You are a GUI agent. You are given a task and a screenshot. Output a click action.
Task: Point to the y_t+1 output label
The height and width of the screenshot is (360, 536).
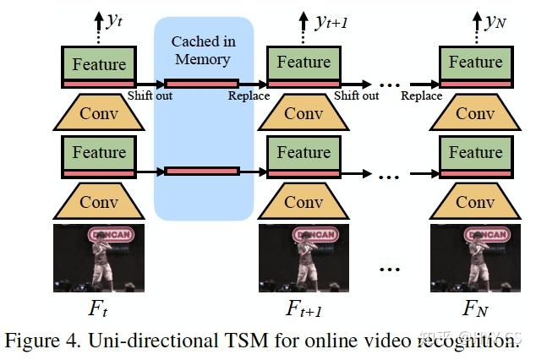tap(329, 21)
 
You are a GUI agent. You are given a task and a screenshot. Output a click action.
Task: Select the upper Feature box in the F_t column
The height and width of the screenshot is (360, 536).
tap(99, 65)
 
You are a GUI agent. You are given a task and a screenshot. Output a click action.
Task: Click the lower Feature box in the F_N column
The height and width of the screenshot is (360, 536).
tap(475, 153)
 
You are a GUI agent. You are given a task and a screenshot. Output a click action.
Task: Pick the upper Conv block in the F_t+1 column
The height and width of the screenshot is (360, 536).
tap(304, 113)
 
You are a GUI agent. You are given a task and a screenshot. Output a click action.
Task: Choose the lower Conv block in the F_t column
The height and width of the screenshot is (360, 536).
tap(99, 202)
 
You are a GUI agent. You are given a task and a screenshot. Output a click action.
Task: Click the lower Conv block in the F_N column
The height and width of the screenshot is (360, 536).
tap(475, 202)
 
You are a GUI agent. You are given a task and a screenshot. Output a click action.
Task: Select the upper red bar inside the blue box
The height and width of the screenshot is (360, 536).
tap(202, 84)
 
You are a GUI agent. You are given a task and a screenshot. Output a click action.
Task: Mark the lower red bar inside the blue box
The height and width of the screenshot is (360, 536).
tap(202, 171)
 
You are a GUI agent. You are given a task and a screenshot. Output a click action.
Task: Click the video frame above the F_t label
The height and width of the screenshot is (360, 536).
tap(99, 258)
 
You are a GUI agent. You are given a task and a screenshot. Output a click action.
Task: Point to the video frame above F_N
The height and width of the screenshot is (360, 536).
tap(475, 258)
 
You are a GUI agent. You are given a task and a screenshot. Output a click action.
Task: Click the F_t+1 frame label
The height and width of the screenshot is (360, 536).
tap(304, 309)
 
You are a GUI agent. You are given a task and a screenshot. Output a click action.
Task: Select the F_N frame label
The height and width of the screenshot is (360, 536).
tap(475, 309)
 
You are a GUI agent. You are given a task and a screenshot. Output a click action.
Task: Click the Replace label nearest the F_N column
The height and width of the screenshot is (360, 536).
tap(421, 95)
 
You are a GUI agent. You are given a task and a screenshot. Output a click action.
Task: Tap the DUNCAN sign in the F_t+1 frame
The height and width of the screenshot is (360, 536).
tap(315, 234)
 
